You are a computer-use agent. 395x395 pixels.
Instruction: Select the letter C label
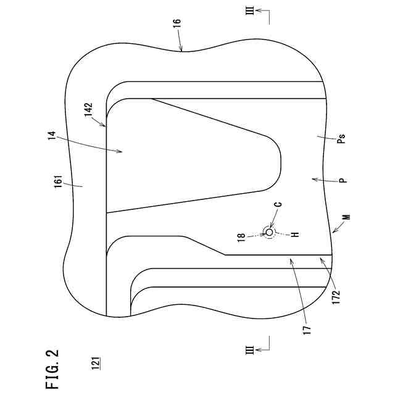pyautogui.click(x=279, y=204)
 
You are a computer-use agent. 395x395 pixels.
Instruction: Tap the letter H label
pyautogui.click(x=295, y=235)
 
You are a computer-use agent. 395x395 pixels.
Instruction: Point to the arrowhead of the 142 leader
pyautogui.click(x=107, y=126)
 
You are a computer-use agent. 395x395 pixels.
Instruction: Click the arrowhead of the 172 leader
pyautogui.click(x=318, y=259)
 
